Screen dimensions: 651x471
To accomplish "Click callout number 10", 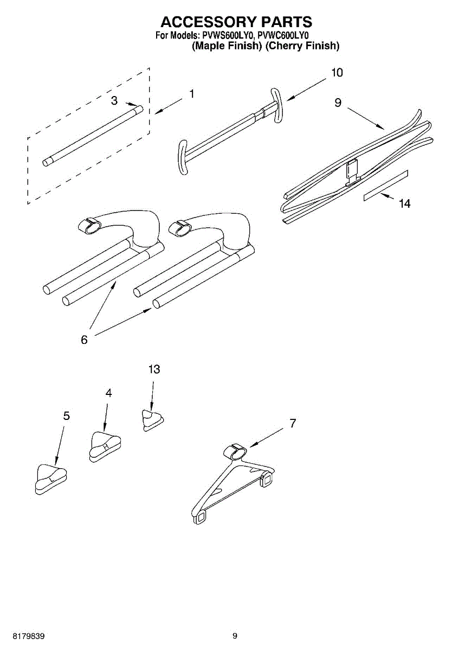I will pos(337,73).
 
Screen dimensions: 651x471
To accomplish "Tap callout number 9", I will pos(338,102).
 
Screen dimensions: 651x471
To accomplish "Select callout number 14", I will pos(404,203).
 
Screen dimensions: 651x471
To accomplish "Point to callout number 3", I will pos(114,100).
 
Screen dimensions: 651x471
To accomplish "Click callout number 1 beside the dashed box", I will pos(191,94).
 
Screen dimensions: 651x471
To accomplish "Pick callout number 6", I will pos(84,340).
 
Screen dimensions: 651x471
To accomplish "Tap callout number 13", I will pos(154,369).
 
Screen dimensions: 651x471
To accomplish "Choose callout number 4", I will pos(109,393).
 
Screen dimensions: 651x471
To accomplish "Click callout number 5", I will pos(66,416).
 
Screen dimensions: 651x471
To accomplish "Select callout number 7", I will pos(293,424).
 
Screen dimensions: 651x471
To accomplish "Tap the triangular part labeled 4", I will pos(105,445).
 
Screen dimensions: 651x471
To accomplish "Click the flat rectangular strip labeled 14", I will pos(385,186).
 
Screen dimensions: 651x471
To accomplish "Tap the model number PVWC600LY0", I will pos(283,36).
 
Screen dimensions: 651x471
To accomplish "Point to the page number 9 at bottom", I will pos(235,636).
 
